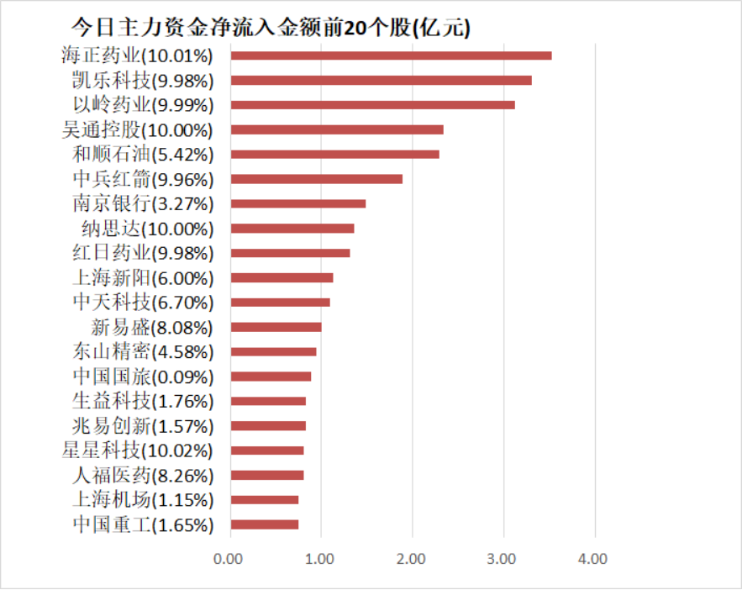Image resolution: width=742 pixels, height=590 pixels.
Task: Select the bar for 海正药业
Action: [391, 55]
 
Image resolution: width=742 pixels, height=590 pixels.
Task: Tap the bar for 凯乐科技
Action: [381, 81]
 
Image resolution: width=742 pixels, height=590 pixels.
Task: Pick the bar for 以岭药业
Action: [372, 105]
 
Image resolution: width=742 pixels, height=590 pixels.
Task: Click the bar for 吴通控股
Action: [337, 130]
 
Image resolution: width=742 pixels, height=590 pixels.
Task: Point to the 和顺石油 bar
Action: [334, 155]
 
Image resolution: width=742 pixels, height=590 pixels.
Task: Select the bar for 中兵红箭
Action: [316, 179]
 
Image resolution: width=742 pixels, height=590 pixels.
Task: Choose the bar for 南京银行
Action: [298, 203]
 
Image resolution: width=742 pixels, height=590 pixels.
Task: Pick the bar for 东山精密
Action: [273, 352]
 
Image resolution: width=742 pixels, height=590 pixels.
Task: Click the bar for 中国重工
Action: [265, 524]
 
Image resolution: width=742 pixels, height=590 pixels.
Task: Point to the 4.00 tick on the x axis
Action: [594, 558]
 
